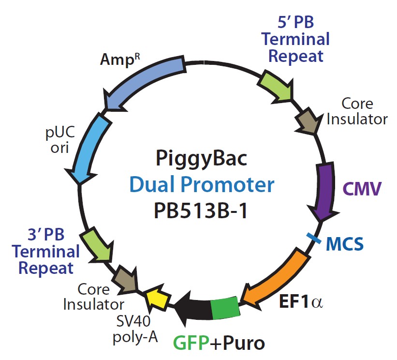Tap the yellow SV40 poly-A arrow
coord(158,299)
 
